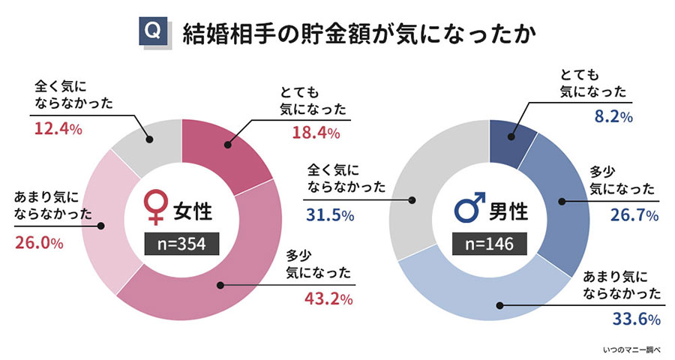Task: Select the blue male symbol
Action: (465, 206)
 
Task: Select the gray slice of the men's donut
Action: (427, 187)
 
